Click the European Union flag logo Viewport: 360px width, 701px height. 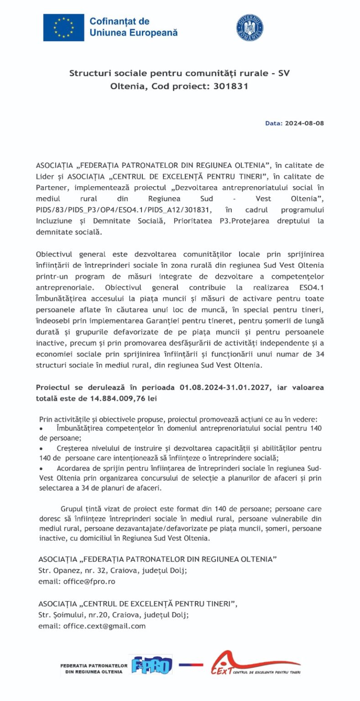coord(63,27)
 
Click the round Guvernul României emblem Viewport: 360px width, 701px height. coord(250,27)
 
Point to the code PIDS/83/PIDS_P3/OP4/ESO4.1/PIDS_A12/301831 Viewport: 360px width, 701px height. coord(125,209)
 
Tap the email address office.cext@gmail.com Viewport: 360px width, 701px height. coord(104,626)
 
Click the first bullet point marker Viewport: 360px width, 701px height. coord(42,429)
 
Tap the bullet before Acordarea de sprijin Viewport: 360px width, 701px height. coord(42,469)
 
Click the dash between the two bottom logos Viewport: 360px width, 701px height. coord(191,664)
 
